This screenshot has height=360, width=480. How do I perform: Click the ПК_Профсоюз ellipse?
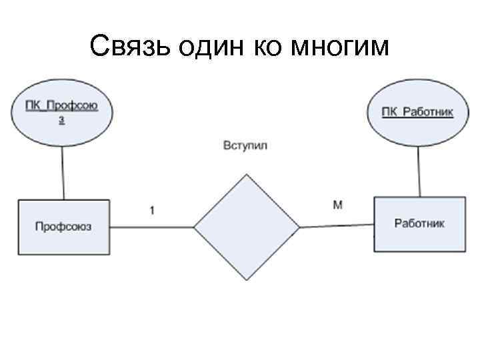62,112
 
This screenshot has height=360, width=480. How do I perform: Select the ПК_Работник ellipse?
417,112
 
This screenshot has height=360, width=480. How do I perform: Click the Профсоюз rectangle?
64,227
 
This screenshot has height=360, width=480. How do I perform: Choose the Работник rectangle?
419,224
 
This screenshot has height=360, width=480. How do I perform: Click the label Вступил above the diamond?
245,145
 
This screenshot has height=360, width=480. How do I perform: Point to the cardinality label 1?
153,210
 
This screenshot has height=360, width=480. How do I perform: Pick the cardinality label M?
338,205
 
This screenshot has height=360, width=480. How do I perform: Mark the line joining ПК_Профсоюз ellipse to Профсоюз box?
63,173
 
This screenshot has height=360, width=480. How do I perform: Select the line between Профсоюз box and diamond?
151,227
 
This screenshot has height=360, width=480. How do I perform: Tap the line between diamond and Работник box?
337,226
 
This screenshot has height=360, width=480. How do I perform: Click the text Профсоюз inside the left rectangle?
63,227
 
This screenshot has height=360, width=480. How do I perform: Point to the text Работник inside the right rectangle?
419,223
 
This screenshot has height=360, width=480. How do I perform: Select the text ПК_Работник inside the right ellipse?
417,112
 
